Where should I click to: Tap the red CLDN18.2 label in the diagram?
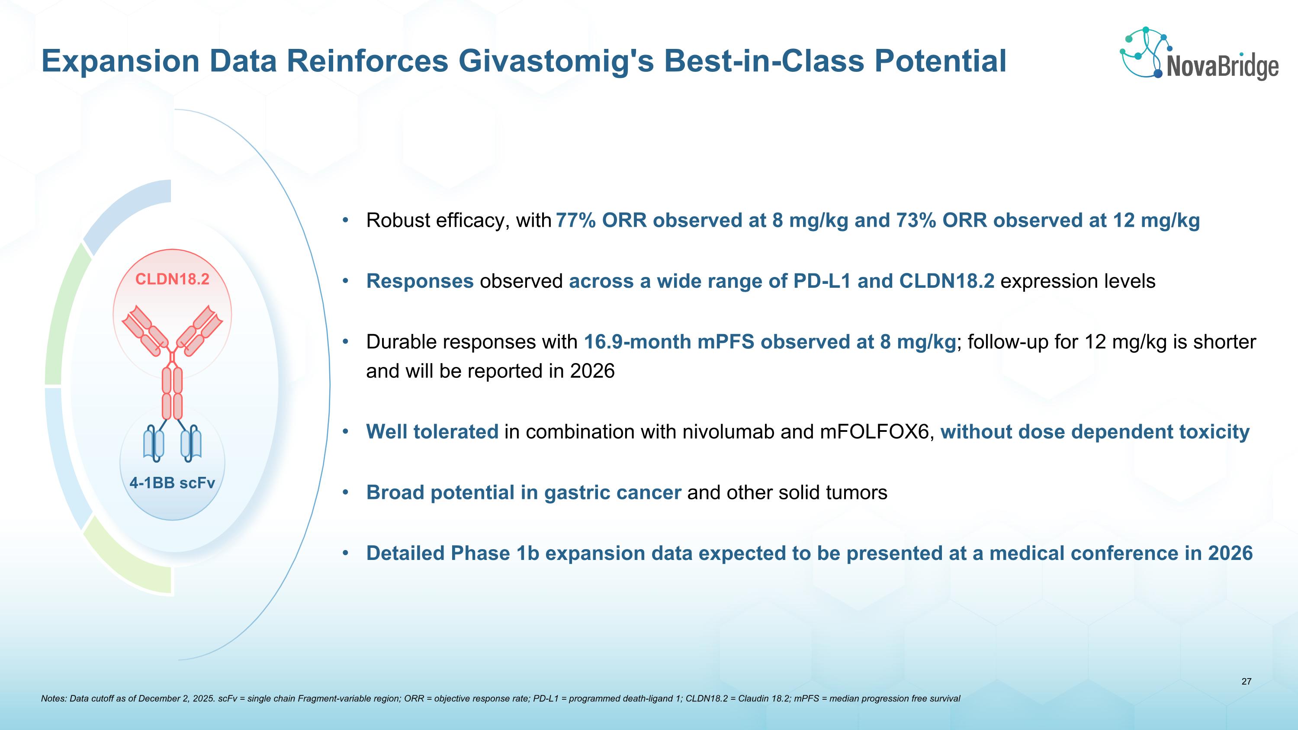pyautogui.click(x=172, y=279)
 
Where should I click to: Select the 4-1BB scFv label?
pyautogui.click(x=172, y=483)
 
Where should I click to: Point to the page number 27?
pyautogui.click(x=1246, y=682)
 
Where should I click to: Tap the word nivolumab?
pyautogui.click(x=728, y=432)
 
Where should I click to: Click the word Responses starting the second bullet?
pyautogui.click(x=420, y=281)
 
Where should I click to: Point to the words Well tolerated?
pyautogui.click(x=432, y=432)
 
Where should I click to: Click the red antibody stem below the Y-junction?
pyautogui.click(x=172, y=393)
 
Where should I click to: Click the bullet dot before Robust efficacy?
pyautogui.click(x=345, y=221)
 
